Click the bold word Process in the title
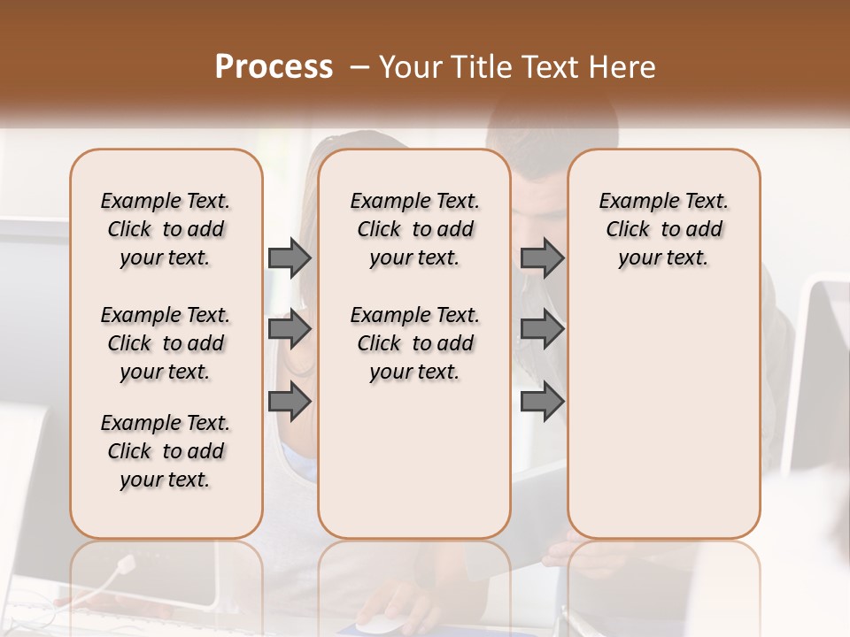(x=274, y=67)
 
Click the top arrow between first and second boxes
(x=290, y=257)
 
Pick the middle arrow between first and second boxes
(x=290, y=329)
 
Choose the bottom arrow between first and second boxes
(x=290, y=402)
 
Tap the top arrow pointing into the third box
(x=542, y=257)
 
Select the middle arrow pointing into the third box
(x=542, y=329)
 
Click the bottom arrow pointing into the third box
(x=542, y=402)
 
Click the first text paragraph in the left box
(x=166, y=229)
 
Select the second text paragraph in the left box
(x=166, y=343)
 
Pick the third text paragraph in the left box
(x=166, y=451)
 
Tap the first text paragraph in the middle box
(x=414, y=229)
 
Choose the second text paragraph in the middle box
(x=414, y=343)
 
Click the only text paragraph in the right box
(x=663, y=229)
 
